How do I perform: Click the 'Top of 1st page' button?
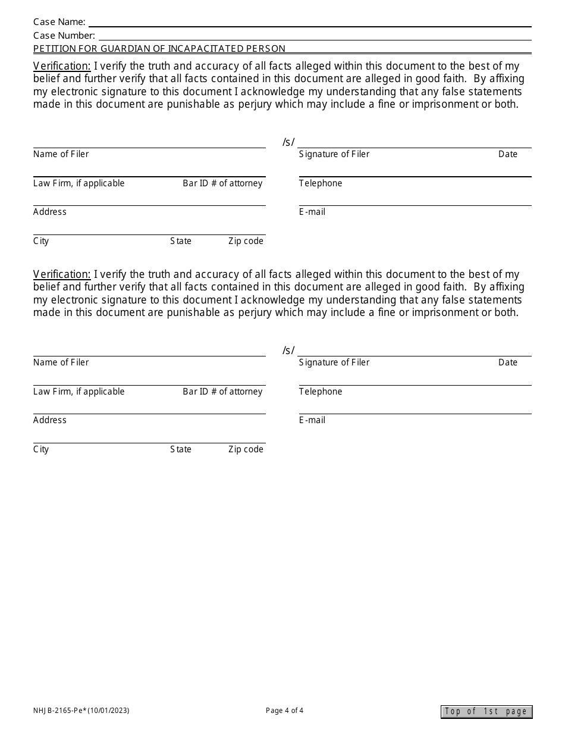click(486, 712)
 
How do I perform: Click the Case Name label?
click(59, 22)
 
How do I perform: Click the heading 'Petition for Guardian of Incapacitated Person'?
click(159, 49)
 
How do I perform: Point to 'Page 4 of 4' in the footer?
click(284, 710)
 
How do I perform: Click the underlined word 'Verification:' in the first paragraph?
click(62, 66)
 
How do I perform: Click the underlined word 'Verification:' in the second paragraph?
click(62, 274)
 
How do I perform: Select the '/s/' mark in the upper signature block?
click(288, 142)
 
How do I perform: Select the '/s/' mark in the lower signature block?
click(288, 351)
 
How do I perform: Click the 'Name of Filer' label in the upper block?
click(61, 154)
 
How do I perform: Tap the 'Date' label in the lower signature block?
click(508, 362)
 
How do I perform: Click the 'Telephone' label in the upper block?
click(321, 183)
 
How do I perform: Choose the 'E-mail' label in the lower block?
click(312, 420)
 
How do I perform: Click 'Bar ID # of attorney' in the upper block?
click(222, 183)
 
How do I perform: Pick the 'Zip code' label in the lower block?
click(246, 449)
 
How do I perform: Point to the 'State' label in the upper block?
click(181, 241)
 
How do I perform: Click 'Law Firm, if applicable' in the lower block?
click(79, 392)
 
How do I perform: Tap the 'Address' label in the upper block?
click(50, 212)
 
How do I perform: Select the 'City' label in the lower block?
click(41, 449)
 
